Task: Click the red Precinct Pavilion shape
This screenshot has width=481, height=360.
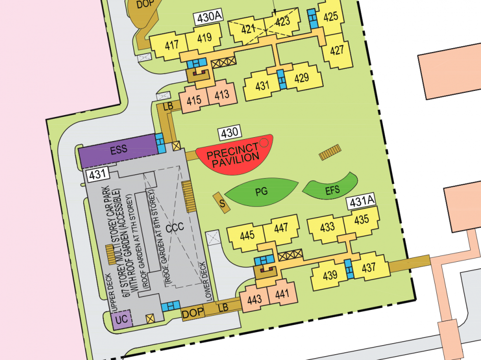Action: [233, 153]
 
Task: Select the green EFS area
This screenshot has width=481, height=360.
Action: [332, 190]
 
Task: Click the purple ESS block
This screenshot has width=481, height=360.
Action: [118, 149]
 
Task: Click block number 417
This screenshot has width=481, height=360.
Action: [172, 45]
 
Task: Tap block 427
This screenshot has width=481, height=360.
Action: [337, 50]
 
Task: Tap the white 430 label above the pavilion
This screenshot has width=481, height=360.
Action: [229, 132]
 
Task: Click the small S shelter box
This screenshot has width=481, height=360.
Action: [222, 203]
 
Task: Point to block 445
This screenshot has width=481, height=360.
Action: [247, 236]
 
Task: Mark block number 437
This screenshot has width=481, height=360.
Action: [369, 268]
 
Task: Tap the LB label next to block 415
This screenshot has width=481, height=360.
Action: [167, 106]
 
